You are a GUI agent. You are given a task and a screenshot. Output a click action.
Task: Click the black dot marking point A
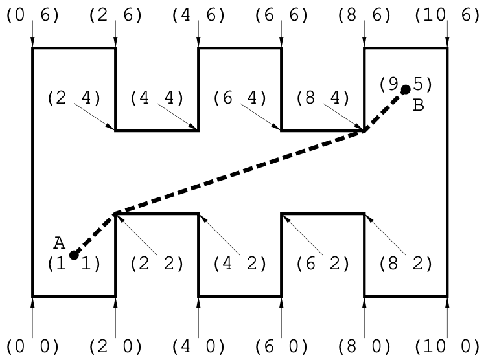pyautogui.click(x=74, y=255)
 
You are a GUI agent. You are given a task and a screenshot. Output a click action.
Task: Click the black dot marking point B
pyautogui.click(x=406, y=89)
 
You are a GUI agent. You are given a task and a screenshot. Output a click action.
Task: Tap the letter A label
pyautogui.click(x=60, y=243)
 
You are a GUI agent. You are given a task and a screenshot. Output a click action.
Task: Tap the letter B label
pyautogui.click(x=418, y=105)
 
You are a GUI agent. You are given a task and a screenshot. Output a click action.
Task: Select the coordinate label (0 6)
pyautogui.click(x=32, y=15)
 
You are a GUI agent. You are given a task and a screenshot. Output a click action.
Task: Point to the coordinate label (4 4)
pyautogui.click(x=157, y=98)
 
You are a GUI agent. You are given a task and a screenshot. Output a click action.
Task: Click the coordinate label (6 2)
pyautogui.click(x=323, y=264)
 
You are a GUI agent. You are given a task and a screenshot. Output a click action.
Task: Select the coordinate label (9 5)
pyautogui.click(x=406, y=84)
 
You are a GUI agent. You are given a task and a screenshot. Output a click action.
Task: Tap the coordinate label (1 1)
pyautogui.click(x=74, y=264)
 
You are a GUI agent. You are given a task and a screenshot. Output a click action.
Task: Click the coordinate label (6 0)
pyautogui.click(x=281, y=344)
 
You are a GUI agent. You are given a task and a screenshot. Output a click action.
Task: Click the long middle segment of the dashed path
pyautogui.click(x=240, y=172)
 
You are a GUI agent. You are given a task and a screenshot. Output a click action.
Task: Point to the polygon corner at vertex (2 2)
pyautogui.click(x=115, y=214)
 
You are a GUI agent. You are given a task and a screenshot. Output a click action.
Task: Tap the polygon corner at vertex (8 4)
pyautogui.click(x=364, y=131)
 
